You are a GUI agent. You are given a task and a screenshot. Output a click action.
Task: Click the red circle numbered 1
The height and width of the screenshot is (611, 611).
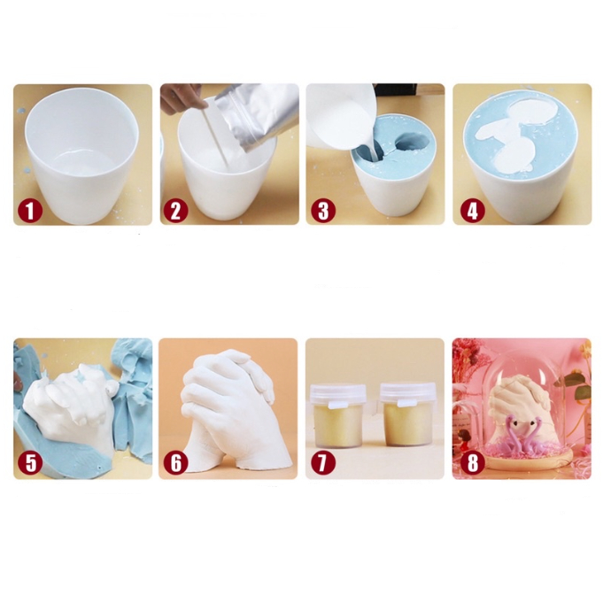click(x=30, y=211)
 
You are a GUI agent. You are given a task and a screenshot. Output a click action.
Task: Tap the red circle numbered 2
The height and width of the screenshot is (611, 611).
click(x=175, y=211)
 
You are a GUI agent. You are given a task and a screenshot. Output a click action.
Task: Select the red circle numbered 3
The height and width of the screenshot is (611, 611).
click(x=323, y=211)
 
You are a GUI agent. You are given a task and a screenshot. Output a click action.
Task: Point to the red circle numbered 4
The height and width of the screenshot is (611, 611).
click(x=472, y=211)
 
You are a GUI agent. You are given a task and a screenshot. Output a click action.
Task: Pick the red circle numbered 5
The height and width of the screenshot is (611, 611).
click(x=30, y=463)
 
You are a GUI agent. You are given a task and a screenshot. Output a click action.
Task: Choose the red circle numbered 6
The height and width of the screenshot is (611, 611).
click(x=175, y=463)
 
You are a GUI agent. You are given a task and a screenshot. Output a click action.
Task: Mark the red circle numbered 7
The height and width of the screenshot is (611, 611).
click(x=323, y=463)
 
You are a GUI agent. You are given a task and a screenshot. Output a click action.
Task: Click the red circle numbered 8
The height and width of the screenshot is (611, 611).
click(x=472, y=463)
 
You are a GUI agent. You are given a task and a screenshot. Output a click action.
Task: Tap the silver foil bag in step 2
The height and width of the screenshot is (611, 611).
click(x=258, y=116)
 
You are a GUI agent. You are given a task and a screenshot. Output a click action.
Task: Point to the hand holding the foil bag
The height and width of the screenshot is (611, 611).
click(x=182, y=97)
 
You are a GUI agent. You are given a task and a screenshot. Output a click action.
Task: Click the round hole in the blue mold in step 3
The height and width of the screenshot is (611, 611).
click(x=411, y=141)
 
